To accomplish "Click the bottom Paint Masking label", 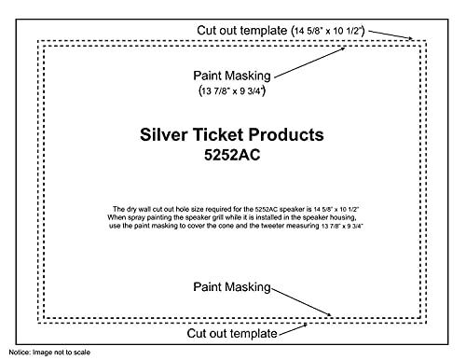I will point(232,288).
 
